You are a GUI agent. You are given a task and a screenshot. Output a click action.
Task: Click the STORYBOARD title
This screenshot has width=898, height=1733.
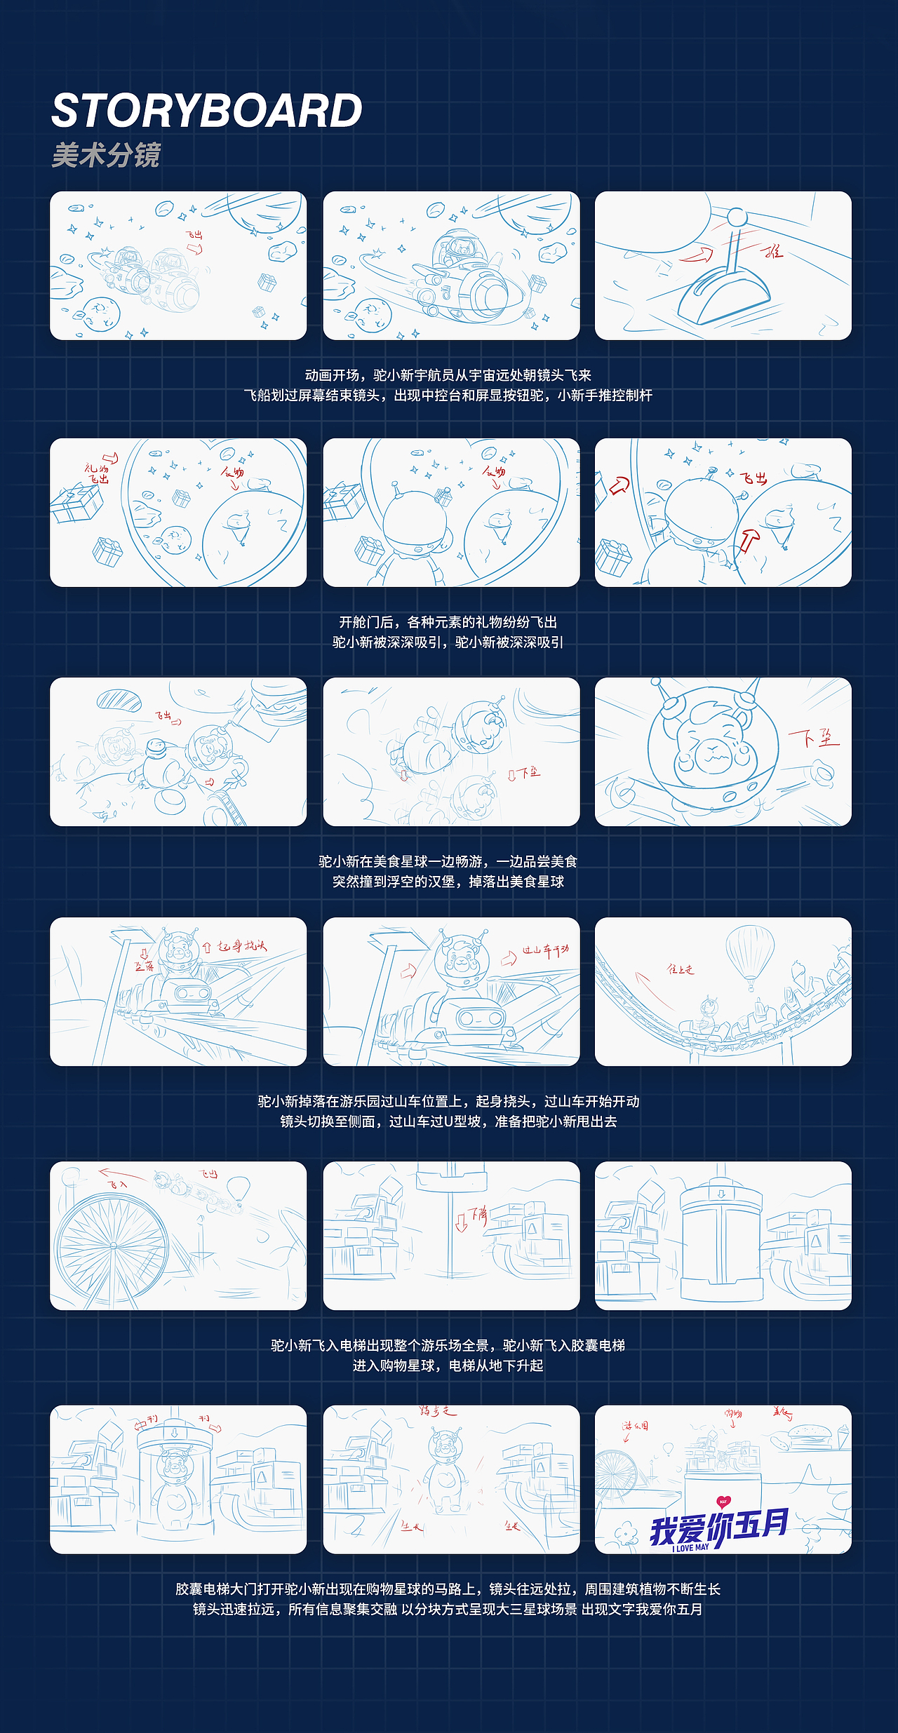click(206, 111)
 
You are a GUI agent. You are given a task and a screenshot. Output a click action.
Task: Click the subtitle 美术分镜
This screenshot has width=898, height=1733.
click(106, 155)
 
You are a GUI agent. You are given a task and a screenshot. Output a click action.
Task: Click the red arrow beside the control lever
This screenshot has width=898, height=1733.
click(697, 255)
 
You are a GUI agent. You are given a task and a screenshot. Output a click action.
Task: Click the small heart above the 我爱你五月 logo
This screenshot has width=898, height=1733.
click(723, 1500)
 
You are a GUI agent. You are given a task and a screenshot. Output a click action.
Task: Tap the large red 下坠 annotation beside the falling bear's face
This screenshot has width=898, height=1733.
click(814, 739)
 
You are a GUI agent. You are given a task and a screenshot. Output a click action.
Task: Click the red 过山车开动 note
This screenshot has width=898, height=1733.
click(544, 950)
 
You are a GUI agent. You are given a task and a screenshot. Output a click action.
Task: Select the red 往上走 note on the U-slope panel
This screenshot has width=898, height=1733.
click(680, 969)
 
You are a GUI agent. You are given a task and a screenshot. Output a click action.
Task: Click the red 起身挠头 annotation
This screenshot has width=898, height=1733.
click(241, 946)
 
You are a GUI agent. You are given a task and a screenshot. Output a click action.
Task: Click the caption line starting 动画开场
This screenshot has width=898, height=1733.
click(448, 375)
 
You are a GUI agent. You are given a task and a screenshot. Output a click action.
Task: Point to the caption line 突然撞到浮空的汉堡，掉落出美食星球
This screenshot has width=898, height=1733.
click(448, 882)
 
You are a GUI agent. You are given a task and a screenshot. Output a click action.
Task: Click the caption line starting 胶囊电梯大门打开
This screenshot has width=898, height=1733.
click(448, 1589)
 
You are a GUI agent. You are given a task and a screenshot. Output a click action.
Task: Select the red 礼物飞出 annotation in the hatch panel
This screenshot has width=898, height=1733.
click(97, 473)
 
